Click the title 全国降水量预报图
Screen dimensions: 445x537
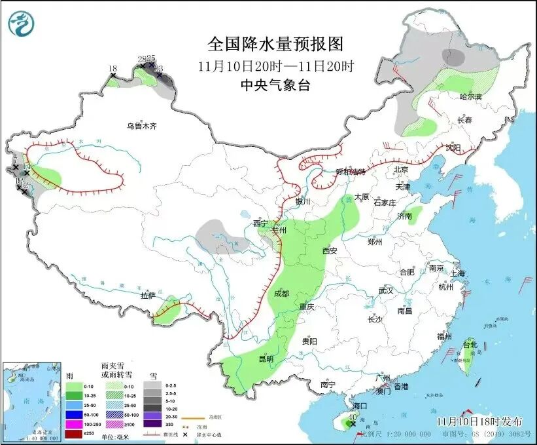click(x=275, y=44)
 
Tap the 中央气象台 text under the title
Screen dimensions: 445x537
click(x=275, y=85)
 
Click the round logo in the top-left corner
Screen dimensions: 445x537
click(x=21, y=25)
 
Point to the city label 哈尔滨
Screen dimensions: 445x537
click(x=470, y=97)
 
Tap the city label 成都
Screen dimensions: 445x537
click(x=283, y=294)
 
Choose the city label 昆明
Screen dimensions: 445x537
click(x=266, y=358)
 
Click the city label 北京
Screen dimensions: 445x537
click(x=401, y=169)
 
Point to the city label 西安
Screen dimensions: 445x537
click(x=329, y=250)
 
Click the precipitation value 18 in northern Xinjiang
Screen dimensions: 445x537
click(x=113, y=69)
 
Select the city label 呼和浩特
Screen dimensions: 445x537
click(x=350, y=172)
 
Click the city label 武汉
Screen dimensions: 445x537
click(x=385, y=290)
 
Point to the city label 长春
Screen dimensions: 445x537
click(x=464, y=121)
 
